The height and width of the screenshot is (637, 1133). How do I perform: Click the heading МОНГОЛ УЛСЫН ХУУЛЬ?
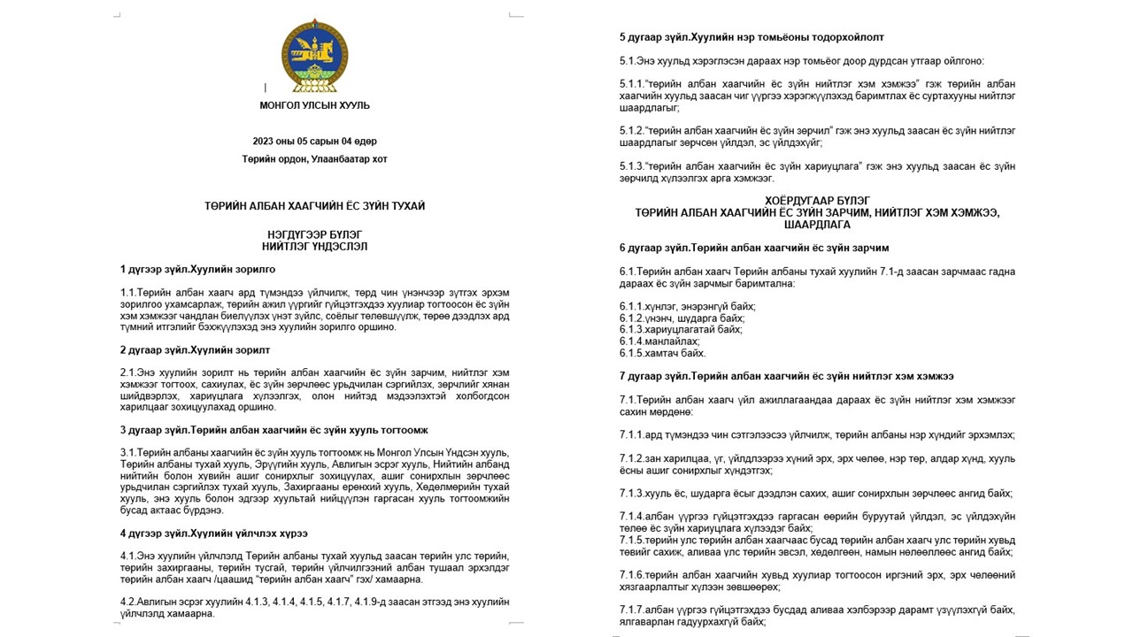[x=315, y=105]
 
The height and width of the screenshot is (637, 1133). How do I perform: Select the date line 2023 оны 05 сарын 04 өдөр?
[x=315, y=142]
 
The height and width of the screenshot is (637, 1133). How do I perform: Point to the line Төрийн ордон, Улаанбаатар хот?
[x=315, y=159]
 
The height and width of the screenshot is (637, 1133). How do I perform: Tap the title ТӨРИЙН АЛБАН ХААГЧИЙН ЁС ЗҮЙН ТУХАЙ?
[x=315, y=206]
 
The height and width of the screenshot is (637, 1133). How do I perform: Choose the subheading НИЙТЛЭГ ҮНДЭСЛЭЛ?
[x=315, y=247]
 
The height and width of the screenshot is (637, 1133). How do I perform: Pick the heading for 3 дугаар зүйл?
[x=274, y=430]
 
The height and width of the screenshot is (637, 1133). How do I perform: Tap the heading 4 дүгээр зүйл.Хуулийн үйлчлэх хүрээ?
[x=213, y=533]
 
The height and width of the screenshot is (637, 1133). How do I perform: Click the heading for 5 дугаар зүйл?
[x=751, y=37]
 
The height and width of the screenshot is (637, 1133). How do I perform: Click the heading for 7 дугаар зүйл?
[x=786, y=376]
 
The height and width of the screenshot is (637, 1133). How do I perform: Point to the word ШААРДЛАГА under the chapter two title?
[x=817, y=225]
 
